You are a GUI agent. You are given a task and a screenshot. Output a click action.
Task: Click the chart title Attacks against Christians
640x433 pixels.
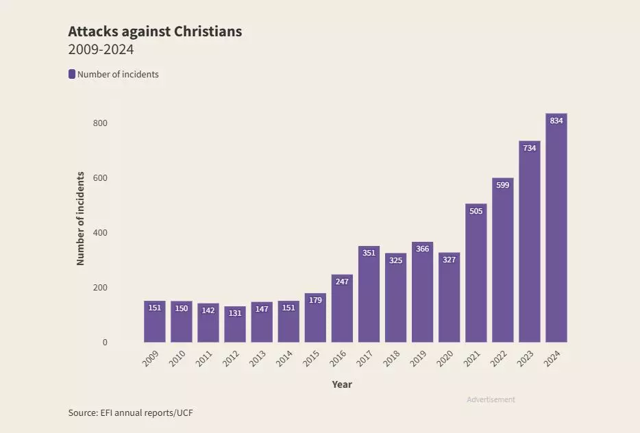click(x=155, y=32)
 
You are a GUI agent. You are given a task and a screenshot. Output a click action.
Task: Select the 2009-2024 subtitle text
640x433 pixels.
click(x=101, y=50)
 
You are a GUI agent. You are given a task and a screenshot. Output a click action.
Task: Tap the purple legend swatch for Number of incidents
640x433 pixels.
click(x=72, y=74)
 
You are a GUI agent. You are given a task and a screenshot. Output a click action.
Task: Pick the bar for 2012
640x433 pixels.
click(x=235, y=325)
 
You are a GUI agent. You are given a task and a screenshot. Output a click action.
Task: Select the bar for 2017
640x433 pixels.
click(x=369, y=295)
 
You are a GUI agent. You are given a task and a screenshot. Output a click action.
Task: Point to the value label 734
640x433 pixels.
click(x=530, y=148)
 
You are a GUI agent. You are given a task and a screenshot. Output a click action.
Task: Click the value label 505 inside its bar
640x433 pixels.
click(x=476, y=211)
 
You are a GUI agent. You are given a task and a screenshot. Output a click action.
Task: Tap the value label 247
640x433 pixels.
click(x=342, y=281)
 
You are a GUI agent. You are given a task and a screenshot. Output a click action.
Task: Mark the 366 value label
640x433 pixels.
click(x=422, y=249)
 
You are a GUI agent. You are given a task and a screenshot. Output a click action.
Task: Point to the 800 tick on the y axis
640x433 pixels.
click(x=101, y=123)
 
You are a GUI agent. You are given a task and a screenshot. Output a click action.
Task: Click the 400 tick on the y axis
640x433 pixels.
click(x=101, y=233)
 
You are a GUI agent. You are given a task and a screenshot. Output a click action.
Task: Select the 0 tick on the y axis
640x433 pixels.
click(x=105, y=343)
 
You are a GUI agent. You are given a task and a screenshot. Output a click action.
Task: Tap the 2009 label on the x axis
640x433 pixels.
click(x=151, y=358)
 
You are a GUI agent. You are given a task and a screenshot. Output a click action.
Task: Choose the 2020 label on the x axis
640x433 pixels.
click(x=445, y=358)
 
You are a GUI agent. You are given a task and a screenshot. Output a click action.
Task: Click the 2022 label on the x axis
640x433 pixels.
click(x=499, y=358)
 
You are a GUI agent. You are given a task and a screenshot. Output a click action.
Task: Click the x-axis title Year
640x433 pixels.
click(x=342, y=384)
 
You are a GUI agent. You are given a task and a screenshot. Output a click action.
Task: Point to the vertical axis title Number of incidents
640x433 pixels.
click(x=80, y=219)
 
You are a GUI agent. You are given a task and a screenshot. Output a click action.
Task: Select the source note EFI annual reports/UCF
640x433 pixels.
click(x=136, y=412)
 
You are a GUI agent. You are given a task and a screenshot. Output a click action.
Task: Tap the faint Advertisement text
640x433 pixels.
click(x=491, y=399)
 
